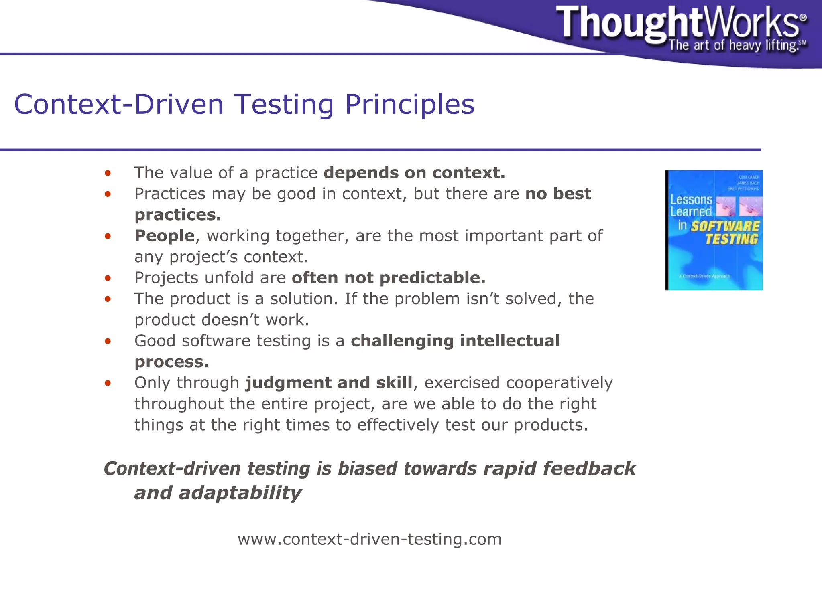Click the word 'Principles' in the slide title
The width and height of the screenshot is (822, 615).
(409, 104)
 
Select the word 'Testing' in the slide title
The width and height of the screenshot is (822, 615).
(283, 104)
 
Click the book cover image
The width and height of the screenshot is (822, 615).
(714, 230)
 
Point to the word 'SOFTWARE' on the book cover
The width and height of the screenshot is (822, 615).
(725, 226)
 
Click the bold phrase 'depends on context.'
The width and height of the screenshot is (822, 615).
(414, 173)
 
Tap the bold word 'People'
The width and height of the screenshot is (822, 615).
(165, 236)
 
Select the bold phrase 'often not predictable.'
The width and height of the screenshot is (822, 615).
(389, 278)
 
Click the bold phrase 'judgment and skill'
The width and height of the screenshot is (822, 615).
(329, 383)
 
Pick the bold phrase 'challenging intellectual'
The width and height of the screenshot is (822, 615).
(455, 341)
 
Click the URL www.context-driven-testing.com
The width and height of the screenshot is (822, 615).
(370, 539)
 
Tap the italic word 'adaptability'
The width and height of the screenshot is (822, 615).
(240, 493)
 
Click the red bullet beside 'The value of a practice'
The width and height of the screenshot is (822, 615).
(107, 173)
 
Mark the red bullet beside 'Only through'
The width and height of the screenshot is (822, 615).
(107, 383)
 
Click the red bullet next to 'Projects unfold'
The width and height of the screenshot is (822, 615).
(107, 278)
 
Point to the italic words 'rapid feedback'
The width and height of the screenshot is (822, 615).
(559, 469)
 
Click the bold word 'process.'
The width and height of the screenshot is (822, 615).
(171, 362)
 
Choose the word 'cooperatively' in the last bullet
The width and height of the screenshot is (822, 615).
(560, 383)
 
